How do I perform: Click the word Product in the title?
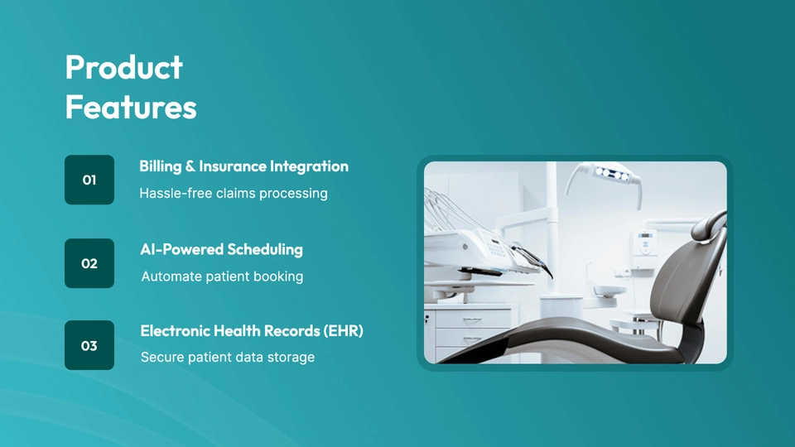(123, 67)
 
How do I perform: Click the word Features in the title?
(131, 108)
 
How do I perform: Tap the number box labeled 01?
(89, 180)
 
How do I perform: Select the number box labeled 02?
(89, 263)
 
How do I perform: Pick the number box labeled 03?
(89, 345)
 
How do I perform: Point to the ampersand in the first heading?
(190, 166)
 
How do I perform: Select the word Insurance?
(233, 166)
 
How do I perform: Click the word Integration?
(309, 166)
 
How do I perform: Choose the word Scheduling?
(265, 250)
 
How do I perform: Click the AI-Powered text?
(182, 249)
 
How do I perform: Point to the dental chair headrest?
(710, 226)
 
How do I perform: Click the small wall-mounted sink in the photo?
(609, 291)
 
